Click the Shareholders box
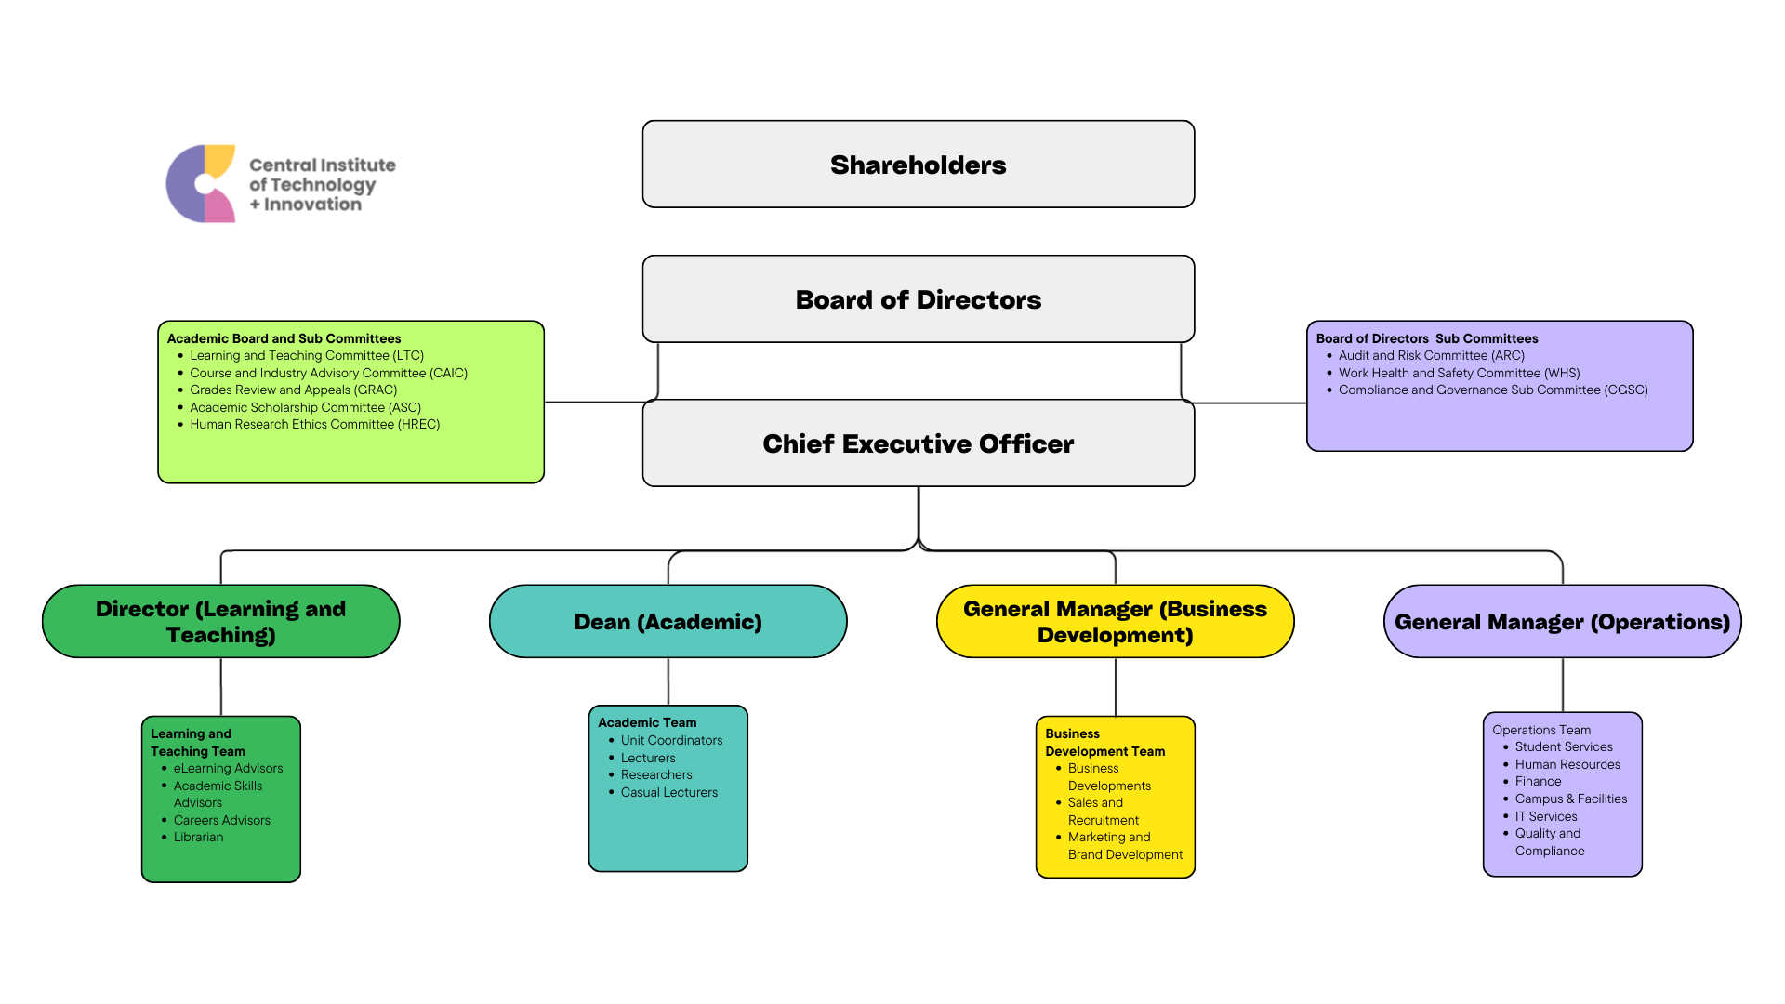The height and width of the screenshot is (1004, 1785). point(918,165)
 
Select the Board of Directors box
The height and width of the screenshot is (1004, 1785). point(918,299)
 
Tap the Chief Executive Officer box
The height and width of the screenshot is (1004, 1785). point(918,443)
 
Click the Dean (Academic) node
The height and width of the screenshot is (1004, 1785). point(668,622)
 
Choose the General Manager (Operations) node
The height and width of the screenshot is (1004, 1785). point(1562,622)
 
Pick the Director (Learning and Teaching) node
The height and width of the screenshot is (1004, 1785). point(220,622)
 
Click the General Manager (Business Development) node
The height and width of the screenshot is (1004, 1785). point(1115,622)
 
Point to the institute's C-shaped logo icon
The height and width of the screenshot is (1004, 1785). point(201,183)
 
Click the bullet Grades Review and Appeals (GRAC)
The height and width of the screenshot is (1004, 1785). point(293,390)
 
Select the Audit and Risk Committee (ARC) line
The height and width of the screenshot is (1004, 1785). point(1431,356)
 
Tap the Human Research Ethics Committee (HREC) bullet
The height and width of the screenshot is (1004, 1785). point(314,425)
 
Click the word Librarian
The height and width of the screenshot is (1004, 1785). point(198,838)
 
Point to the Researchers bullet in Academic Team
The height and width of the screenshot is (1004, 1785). point(656,775)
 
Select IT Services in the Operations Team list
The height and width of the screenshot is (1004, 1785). point(1545,817)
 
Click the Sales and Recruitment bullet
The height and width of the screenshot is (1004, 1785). point(1103,812)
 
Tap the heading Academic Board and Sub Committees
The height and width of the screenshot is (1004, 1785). point(284,338)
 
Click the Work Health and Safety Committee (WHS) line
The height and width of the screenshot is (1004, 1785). point(1459,373)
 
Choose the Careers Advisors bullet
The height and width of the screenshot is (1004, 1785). point(221,820)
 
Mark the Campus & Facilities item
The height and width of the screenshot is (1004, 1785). point(1570,799)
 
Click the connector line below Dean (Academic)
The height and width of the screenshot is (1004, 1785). point(668,681)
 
